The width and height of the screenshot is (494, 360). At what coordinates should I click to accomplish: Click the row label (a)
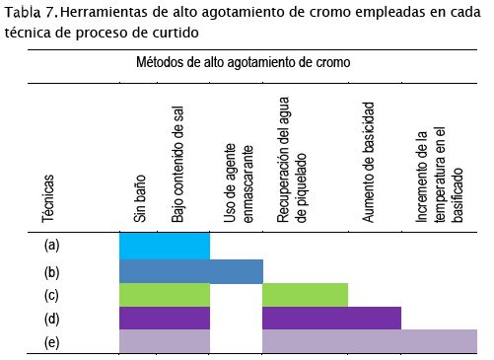pos(51,246)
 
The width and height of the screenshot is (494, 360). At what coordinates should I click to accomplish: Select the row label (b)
pos(51,273)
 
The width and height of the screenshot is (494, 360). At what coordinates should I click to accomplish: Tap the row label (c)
pos(51,296)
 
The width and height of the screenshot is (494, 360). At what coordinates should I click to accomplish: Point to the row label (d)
pos(51,320)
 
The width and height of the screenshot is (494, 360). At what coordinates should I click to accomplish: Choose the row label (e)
pos(51,343)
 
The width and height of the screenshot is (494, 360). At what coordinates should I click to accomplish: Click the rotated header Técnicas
pos(48,198)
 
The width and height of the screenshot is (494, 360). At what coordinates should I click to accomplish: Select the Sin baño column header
pos(140,198)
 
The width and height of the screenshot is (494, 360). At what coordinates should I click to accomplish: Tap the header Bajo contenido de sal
pos(177,165)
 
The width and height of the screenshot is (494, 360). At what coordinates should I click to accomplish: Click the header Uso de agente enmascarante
pos(239,183)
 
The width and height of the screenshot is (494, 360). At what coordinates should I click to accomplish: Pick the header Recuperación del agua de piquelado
pos(292,160)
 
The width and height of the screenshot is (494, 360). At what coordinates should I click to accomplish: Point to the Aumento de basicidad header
pos(369,163)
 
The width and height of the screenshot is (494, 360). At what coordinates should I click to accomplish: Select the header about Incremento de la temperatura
pos(440,176)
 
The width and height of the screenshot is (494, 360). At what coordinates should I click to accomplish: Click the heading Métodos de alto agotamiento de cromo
pos(244,62)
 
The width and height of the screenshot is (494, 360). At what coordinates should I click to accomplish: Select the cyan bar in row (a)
pos(165,246)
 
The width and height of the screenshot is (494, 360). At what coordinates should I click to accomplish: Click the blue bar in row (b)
pos(191,271)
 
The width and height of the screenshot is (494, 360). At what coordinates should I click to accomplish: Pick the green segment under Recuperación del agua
pos(306,295)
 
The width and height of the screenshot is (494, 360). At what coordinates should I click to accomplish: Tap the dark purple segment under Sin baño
pos(165,318)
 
